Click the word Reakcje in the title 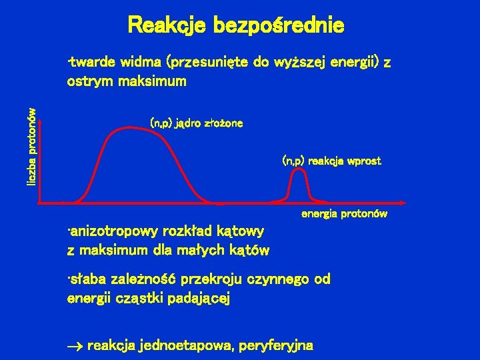click(x=167, y=26)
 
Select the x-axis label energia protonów click(x=344, y=215)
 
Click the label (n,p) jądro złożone click(x=197, y=123)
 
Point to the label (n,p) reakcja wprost click(x=331, y=161)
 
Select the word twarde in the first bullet click(x=93, y=63)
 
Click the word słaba click(x=87, y=279)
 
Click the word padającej click(x=199, y=298)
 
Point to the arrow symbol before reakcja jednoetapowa click(x=75, y=346)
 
